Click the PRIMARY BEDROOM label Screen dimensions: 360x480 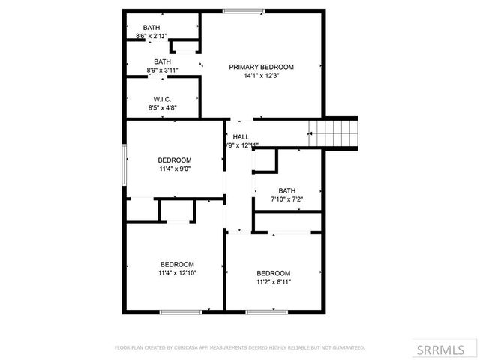261,67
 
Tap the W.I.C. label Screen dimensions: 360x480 162,99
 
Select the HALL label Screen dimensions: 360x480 241,136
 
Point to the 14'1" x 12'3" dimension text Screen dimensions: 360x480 261,76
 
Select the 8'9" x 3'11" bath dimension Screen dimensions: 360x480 162,70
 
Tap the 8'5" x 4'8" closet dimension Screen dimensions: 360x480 162,108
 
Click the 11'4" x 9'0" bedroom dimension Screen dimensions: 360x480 174,169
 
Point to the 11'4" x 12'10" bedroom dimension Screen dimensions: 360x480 177,273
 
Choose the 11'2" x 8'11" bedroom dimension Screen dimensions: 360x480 273,282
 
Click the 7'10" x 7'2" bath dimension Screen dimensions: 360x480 287,199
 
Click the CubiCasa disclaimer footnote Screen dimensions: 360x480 240,347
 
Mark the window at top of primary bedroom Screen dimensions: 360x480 243,10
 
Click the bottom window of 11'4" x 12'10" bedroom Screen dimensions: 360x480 181,311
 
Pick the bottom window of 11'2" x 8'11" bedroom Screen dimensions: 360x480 267,311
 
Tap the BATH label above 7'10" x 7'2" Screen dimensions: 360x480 287,190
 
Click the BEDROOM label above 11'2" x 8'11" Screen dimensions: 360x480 273,273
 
